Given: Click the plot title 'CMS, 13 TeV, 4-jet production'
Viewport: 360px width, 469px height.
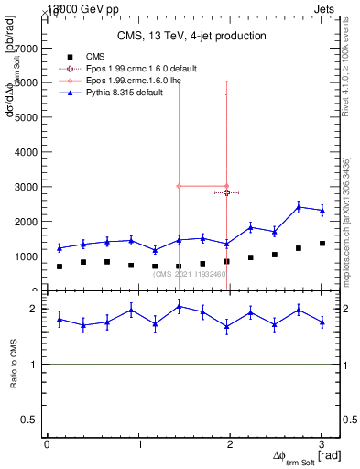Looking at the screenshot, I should point(191,36).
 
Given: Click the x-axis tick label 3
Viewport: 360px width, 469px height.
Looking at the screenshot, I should point(322,444).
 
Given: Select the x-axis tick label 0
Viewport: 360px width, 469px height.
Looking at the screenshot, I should point(47,444).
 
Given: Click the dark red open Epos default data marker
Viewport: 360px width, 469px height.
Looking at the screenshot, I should point(226,193).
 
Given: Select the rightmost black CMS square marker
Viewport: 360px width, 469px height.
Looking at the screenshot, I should point(322,244).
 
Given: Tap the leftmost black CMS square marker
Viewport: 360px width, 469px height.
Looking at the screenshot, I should point(60,267).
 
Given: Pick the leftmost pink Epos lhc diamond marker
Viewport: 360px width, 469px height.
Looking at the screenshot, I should point(180,186).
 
